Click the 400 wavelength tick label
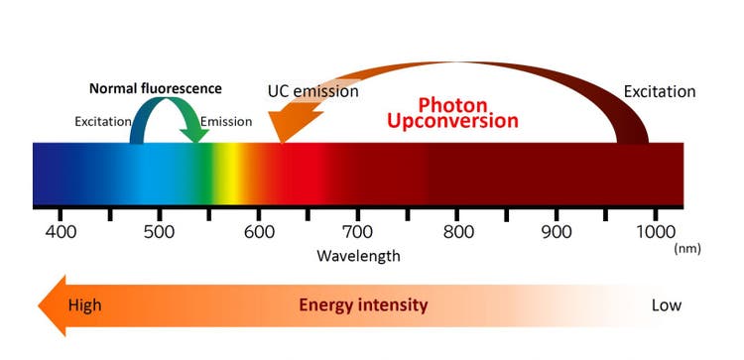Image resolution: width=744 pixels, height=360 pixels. [x=61, y=232]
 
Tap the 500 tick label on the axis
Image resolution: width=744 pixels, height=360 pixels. [x=160, y=232]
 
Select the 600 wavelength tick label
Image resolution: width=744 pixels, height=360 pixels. [x=259, y=232]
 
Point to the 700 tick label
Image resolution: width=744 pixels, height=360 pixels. [x=358, y=232]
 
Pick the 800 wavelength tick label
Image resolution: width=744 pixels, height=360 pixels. [x=457, y=232]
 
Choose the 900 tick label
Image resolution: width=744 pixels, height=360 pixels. [x=557, y=232]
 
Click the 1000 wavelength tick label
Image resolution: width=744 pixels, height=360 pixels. [x=656, y=232]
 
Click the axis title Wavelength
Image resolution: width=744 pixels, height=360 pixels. [x=358, y=256]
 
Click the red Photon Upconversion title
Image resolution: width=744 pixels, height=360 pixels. [x=467, y=112]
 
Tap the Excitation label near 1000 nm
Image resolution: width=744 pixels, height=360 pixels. [x=660, y=91]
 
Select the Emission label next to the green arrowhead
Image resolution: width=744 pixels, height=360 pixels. [x=226, y=122]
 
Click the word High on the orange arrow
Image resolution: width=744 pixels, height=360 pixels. [x=84, y=304]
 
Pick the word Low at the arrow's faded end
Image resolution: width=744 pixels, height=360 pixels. [x=666, y=304]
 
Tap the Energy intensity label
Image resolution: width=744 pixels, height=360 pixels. [x=363, y=304]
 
